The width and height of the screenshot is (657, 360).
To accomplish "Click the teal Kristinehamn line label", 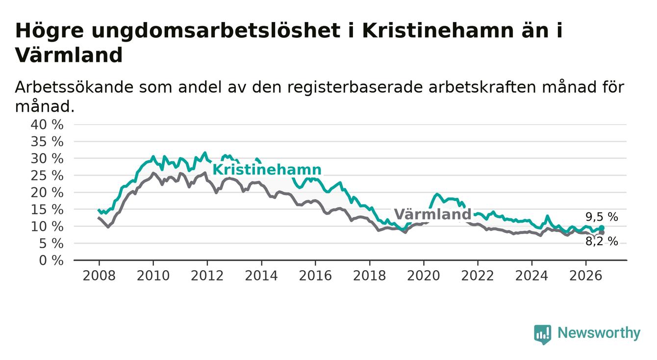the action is (267, 170).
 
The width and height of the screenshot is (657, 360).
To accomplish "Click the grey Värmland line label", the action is (432, 214).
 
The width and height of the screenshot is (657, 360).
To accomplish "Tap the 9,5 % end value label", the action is (602, 217).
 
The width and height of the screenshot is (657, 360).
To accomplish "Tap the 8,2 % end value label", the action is (602, 241).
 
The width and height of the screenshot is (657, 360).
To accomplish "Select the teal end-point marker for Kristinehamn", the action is (602, 228).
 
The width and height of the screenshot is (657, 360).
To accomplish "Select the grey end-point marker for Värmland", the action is (602, 232).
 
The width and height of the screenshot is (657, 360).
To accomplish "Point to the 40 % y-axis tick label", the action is (47, 125).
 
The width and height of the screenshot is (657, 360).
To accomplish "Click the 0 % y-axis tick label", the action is (51, 260).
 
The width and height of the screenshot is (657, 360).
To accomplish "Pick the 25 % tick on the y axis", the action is (47, 176).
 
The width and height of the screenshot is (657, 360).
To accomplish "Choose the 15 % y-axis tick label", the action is (47, 209).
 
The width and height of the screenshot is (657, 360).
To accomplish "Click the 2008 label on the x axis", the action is (99, 276).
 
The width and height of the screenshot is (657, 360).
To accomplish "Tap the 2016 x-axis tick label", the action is (315, 276).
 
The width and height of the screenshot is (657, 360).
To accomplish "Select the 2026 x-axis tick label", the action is (586, 276).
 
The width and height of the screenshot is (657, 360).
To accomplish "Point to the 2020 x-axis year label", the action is (424, 276).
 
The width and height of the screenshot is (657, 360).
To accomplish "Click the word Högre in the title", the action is (50, 31).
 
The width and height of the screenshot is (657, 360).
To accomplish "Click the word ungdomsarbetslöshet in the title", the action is (216, 31).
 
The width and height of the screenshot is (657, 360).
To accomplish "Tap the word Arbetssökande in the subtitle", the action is (74, 87).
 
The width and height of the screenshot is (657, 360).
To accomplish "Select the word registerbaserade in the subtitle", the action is (355, 88).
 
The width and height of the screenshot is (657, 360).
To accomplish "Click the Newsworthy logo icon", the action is (543, 334).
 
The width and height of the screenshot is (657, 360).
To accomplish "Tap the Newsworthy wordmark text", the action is (599, 334).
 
